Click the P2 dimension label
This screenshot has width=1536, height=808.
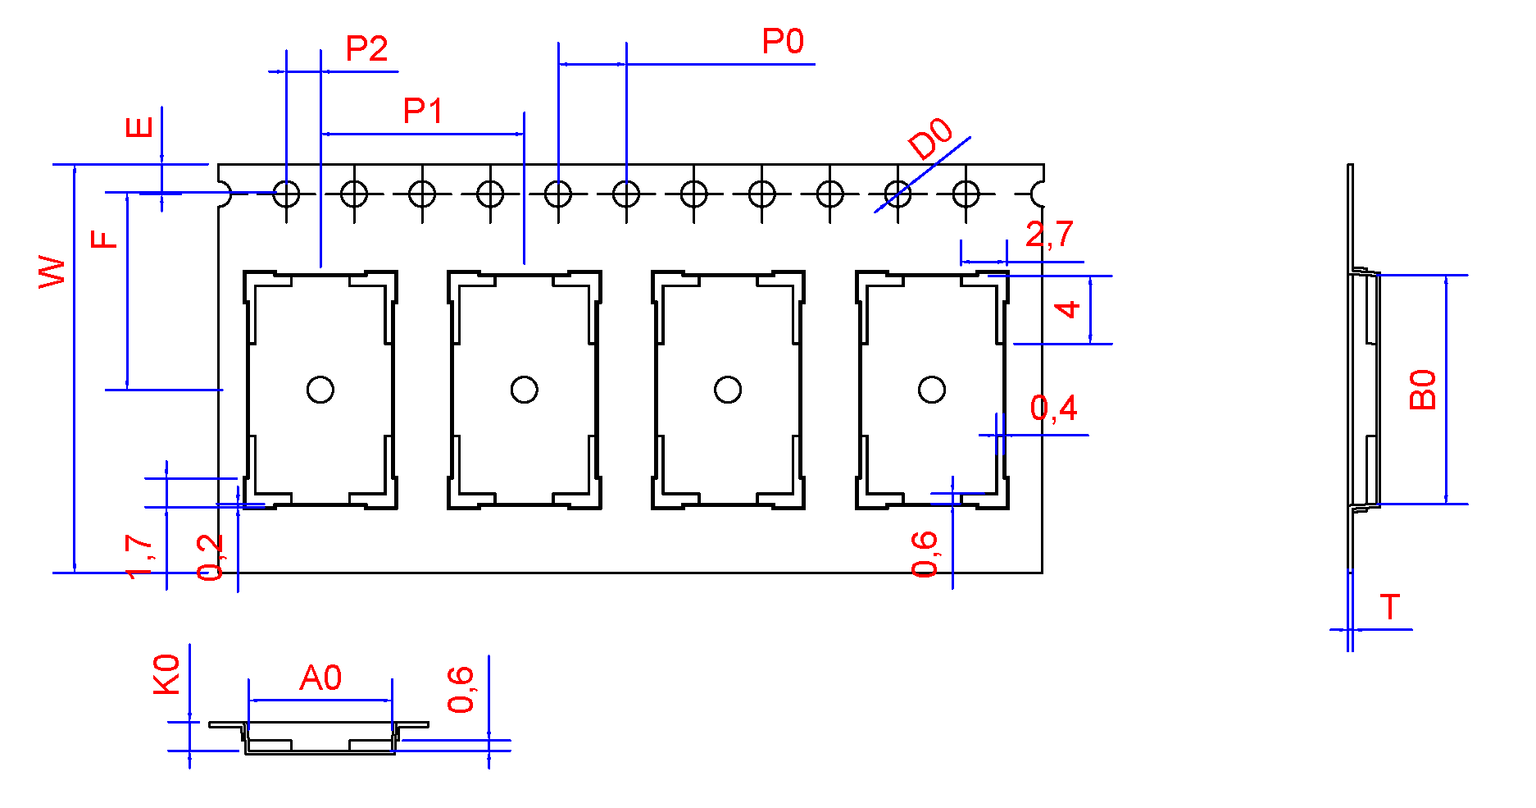tap(366, 49)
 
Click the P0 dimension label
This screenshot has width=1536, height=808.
tap(783, 42)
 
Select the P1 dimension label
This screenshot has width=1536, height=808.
tap(423, 111)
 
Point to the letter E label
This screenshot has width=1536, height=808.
tap(139, 127)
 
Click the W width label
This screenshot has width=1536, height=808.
tap(52, 272)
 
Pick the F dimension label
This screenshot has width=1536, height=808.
tap(104, 239)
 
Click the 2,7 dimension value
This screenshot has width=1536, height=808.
tap(1049, 235)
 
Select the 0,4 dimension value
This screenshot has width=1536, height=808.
tap(1053, 408)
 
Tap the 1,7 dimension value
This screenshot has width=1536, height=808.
tap(139, 556)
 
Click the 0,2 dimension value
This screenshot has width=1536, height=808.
tap(210, 557)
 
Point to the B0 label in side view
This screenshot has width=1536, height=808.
tap(1423, 390)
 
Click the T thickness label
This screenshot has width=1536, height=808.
tap(1389, 608)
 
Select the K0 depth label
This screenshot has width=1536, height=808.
tap(166, 674)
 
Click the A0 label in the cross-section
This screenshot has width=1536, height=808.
tap(320, 678)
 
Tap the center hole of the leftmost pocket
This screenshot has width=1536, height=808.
tap(320, 390)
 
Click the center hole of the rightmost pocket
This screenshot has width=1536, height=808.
tap(932, 390)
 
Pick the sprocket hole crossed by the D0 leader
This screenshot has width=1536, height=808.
tap(898, 194)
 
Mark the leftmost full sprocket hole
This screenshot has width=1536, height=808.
tap(286, 194)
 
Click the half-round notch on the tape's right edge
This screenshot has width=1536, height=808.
tap(1038, 194)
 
